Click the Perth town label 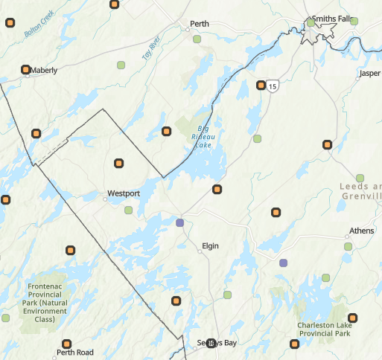tap(200, 24)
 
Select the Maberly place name tap(44, 71)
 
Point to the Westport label tap(124, 193)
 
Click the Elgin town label tap(211, 245)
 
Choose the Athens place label tap(362, 231)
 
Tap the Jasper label tap(369, 74)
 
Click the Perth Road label tap(75, 353)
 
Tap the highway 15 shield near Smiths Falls tap(274, 87)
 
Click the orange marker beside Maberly tap(26, 70)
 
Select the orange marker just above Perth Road tap(67, 344)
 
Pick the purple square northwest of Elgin tap(179, 222)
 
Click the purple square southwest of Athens tap(283, 263)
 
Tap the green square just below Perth tap(197, 39)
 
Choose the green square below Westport tap(130, 210)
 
